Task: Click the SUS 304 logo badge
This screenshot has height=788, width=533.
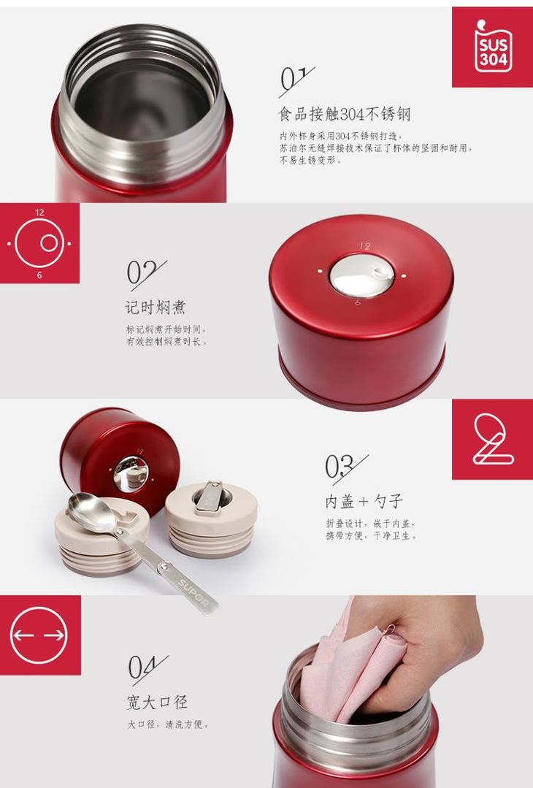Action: tap(493, 47)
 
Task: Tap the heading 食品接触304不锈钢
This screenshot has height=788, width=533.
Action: tap(345, 114)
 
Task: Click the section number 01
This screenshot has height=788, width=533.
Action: tap(296, 80)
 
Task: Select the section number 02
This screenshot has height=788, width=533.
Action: tap(146, 275)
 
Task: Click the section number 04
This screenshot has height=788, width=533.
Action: tap(147, 669)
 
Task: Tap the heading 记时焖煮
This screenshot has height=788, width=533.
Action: tap(156, 307)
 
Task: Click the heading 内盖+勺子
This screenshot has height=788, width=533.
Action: tap(364, 501)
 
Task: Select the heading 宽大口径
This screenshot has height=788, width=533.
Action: tap(157, 702)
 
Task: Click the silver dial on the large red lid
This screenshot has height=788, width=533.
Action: tap(362, 275)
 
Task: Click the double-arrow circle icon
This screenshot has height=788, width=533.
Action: tap(39, 635)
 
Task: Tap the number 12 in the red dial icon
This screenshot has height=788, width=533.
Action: tap(39, 213)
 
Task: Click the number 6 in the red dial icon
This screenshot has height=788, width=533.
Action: tap(39, 275)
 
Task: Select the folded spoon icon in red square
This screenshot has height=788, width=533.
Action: tap(493, 439)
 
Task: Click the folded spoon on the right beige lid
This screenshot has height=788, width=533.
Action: tap(211, 497)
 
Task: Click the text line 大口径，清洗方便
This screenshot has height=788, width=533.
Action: tap(167, 724)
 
